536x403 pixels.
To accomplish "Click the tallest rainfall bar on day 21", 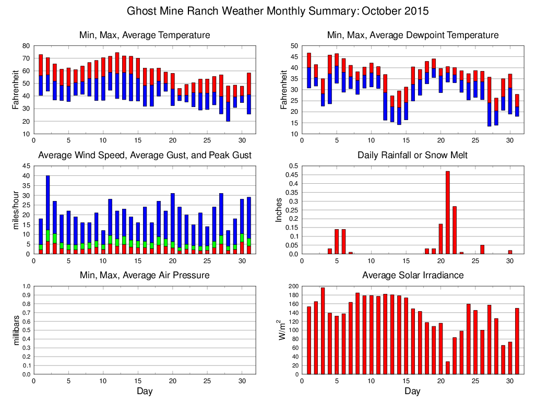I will tap(448, 212).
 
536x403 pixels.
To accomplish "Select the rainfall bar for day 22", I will tap(455, 230).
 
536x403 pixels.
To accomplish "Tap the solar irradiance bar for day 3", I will tap(323, 331).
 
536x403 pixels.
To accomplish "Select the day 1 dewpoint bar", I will tap(309, 70).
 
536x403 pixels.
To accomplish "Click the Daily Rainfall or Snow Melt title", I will tap(412, 156).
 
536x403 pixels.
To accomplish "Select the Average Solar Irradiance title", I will tap(412, 275).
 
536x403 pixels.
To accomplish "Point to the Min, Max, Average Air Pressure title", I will tap(145, 275).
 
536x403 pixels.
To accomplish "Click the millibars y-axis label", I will tap(17, 330).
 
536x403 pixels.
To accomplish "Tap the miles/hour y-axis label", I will tap(17, 210).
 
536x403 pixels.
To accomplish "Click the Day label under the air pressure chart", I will tap(145, 391).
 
